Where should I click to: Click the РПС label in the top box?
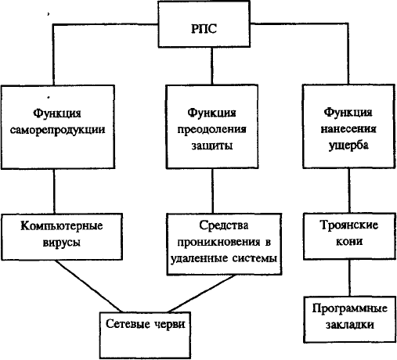(x=204, y=29)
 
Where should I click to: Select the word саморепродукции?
(x=58, y=130)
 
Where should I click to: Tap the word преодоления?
(x=211, y=130)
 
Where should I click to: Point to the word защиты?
(x=212, y=146)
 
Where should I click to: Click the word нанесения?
(x=348, y=129)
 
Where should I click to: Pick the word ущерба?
(x=348, y=146)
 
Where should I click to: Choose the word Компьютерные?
(x=62, y=226)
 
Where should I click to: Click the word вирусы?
(x=62, y=243)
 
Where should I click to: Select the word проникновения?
(x=218, y=243)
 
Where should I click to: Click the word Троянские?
(x=349, y=225)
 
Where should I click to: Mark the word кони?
(x=349, y=241)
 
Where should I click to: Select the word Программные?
(x=350, y=308)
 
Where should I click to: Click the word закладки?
(x=350, y=325)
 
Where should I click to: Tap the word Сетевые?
(x=128, y=324)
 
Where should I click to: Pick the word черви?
(x=170, y=324)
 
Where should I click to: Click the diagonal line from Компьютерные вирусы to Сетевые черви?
(x=88, y=286)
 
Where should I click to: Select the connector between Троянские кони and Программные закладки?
(x=350, y=278)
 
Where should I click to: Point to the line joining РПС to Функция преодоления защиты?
(x=211, y=66)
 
